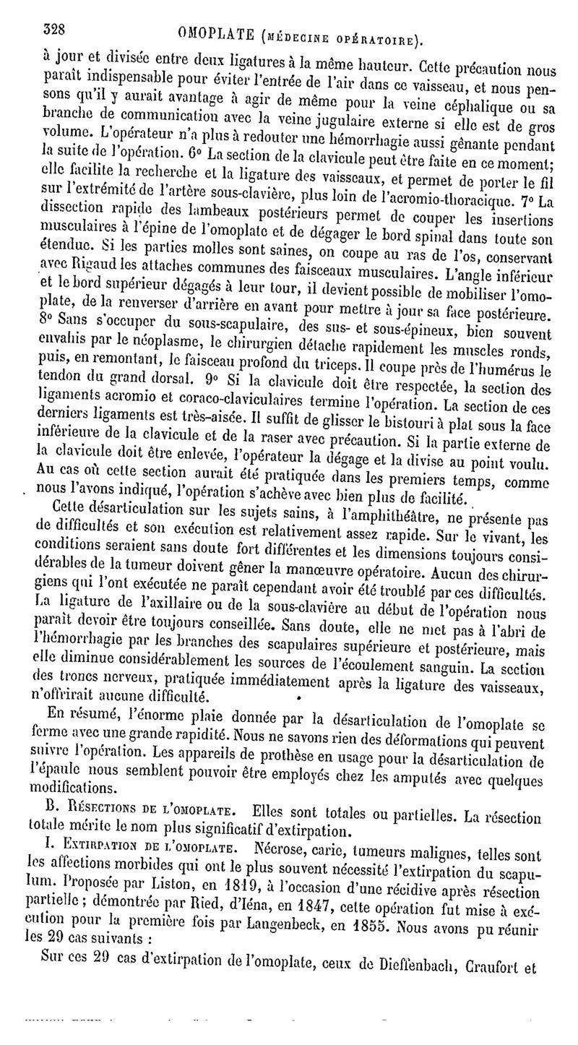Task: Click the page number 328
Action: click(54, 30)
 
